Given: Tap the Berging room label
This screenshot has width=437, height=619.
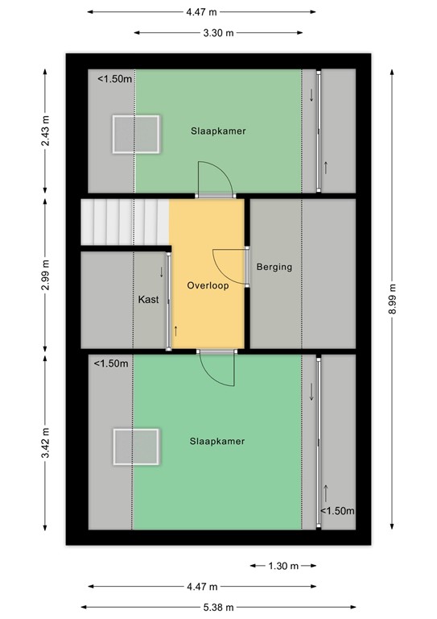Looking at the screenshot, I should tap(274, 267).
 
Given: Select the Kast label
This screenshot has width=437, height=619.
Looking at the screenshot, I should tap(148, 299).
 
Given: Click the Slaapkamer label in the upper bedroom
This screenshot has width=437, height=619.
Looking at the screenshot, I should tap(218, 131).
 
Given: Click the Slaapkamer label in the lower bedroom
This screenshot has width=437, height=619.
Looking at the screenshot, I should tap(217, 441).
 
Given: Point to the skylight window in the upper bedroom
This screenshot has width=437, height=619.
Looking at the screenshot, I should tap(135, 134).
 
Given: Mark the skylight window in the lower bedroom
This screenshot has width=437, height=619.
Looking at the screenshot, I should tap(135, 447).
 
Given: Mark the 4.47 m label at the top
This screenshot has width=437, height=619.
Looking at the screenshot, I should tap(201, 12).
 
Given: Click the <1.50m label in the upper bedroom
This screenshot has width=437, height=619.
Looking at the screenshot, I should tap(114, 79).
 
